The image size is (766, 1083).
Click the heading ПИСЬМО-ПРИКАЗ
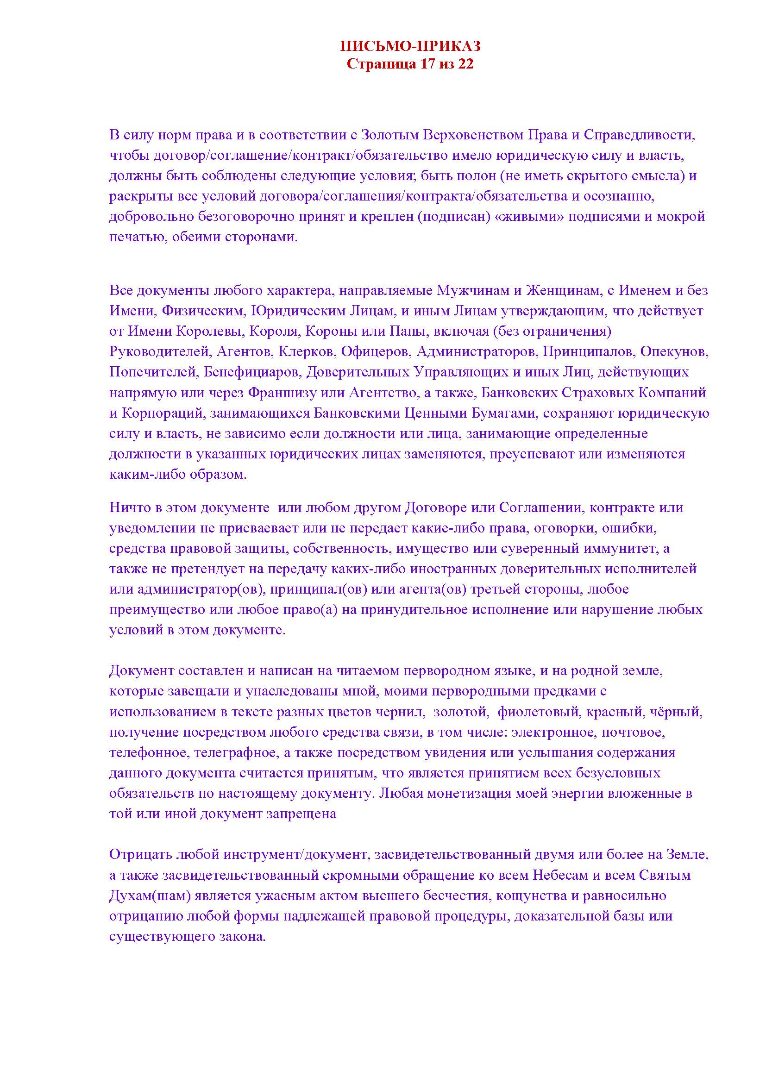point(410,46)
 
